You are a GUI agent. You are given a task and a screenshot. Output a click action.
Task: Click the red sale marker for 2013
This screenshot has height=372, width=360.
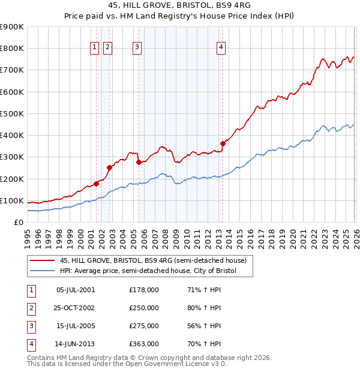(223, 143)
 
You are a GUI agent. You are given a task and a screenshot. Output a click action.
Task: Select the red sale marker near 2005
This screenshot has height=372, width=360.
(139, 162)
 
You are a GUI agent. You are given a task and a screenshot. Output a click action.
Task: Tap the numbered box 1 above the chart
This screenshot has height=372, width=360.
(95, 48)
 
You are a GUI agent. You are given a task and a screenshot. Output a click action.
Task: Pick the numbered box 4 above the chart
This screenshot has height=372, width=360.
(221, 48)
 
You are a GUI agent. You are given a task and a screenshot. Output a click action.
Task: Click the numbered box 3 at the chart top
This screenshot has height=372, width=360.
(137, 48)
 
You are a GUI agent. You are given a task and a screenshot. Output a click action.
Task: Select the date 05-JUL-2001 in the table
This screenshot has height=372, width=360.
(75, 290)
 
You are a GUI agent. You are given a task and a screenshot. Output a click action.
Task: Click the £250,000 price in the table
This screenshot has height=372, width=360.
(144, 308)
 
